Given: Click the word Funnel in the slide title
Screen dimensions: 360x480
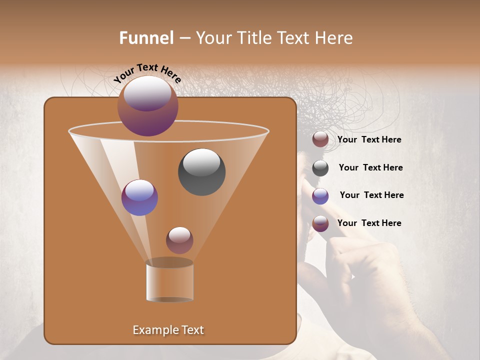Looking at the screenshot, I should (146, 38).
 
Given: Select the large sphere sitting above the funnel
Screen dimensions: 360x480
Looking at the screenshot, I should (148, 106).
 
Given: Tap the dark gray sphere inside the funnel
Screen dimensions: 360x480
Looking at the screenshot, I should (202, 171).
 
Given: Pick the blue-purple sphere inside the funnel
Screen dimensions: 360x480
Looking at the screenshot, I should (139, 197).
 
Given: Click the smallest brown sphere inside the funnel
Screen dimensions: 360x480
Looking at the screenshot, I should (179, 240).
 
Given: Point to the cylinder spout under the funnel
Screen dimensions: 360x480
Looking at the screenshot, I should (169, 281).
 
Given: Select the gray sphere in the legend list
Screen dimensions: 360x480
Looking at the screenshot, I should (320, 168).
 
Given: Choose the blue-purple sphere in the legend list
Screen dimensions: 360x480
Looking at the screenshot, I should (320, 196).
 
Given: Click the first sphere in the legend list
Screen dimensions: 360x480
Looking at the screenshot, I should (320, 139).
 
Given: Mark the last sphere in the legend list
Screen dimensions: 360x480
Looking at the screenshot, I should (320, 223).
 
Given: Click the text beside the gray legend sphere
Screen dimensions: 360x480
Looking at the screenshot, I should (370, 167).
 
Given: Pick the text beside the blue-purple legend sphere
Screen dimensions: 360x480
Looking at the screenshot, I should (371, 195).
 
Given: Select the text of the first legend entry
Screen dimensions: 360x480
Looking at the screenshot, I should (369, 139).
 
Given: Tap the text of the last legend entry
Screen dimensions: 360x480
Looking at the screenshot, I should (369, 223).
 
